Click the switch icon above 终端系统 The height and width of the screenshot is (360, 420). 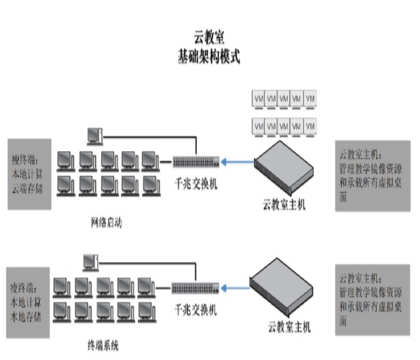pos(195,288)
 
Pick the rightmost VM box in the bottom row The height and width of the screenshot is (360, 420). pos(310,127)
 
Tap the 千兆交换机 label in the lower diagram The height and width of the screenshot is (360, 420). pos(196,309)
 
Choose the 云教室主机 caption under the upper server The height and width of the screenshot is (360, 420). pos(284,206)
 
